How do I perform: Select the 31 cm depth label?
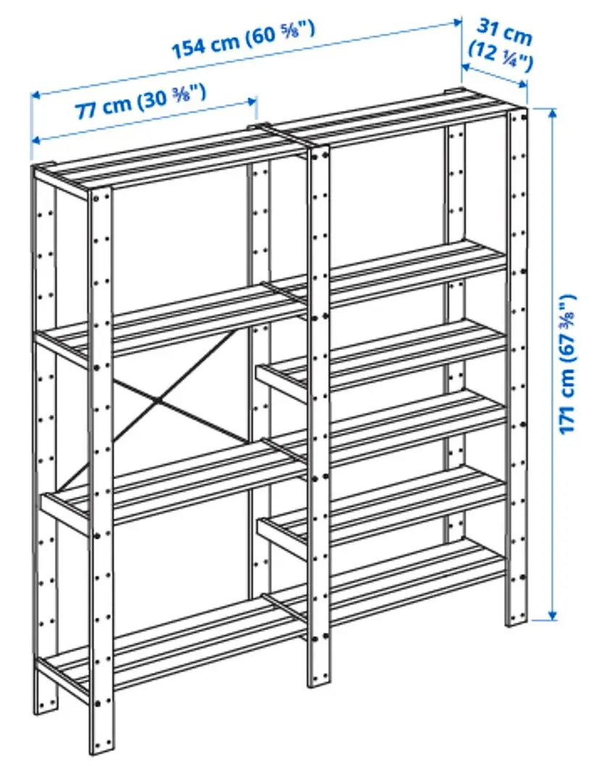pos(504,32)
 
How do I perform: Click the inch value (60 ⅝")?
pos(280,32)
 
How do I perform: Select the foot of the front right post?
pos(516,616)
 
